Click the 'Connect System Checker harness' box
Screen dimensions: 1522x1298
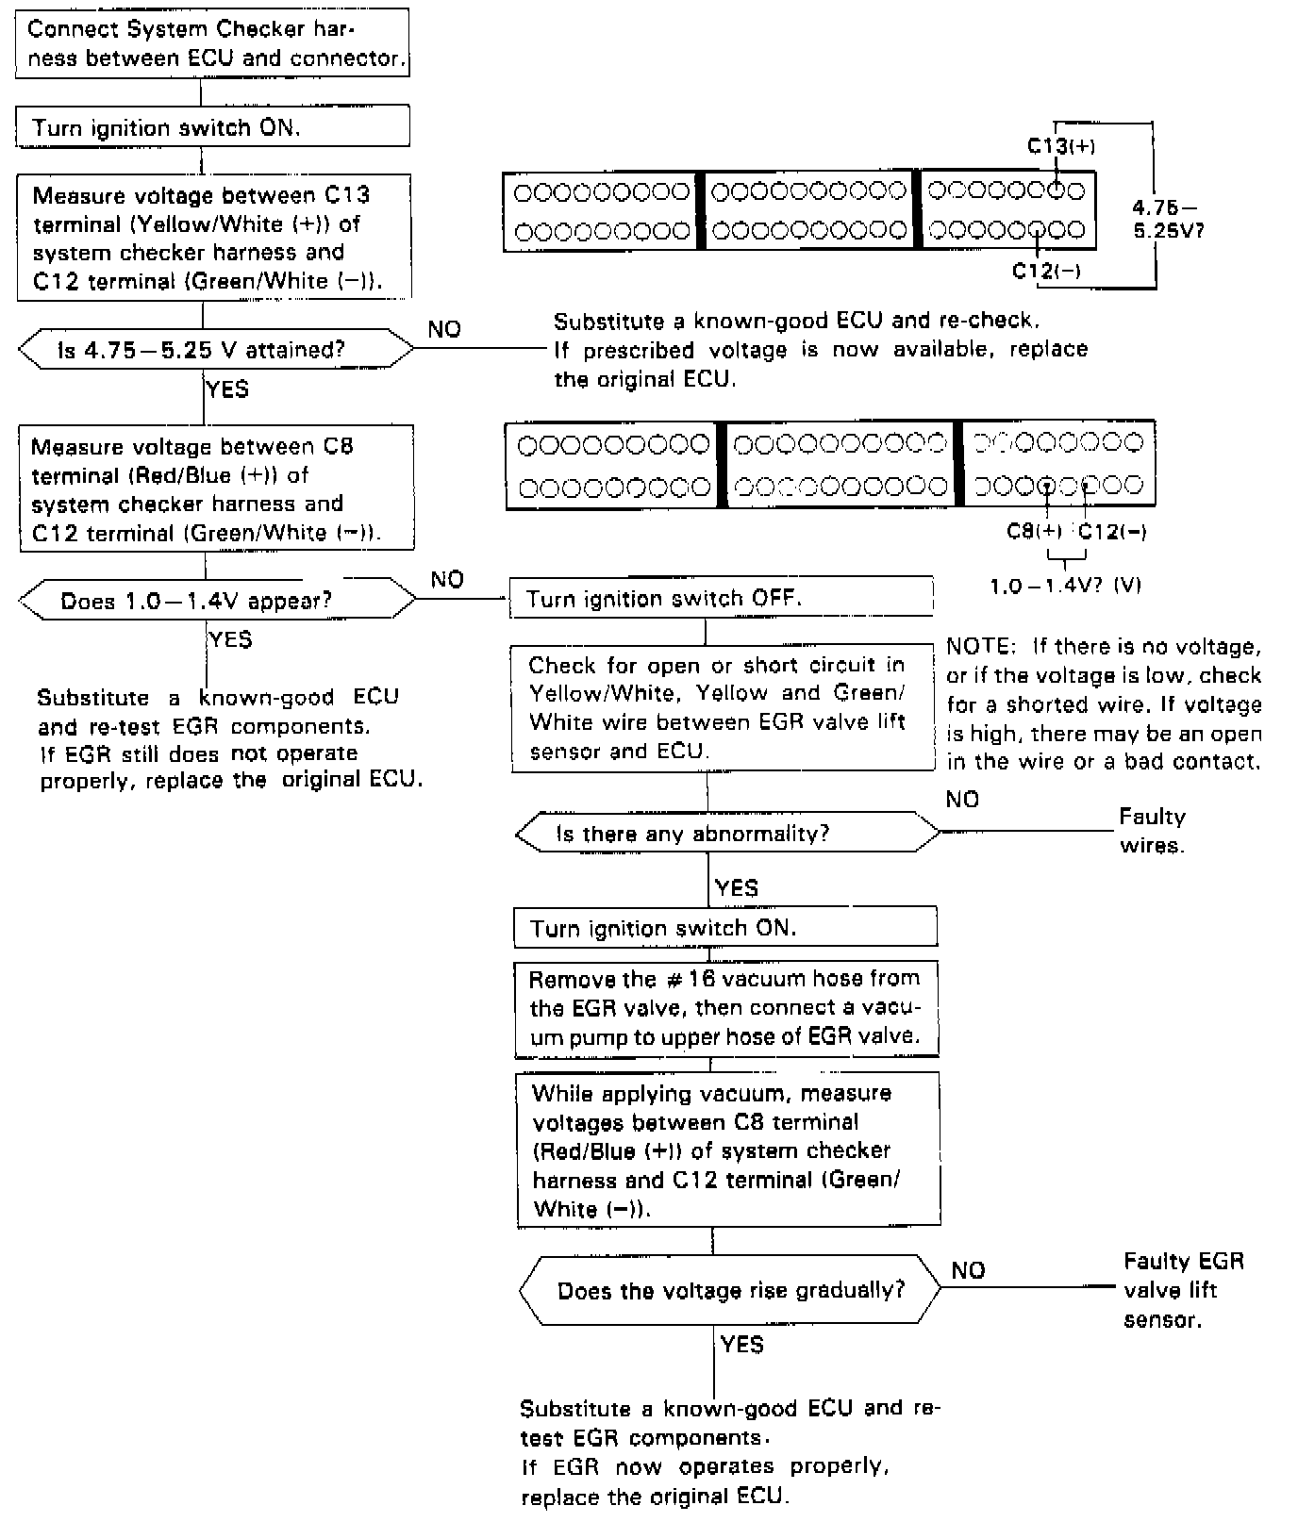(x=212, y=43)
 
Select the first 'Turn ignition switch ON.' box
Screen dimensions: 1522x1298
(x=212, y=126)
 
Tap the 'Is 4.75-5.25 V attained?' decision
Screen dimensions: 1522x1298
(x=215, y=350)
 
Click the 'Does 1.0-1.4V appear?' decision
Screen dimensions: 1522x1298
(x=217, y=601)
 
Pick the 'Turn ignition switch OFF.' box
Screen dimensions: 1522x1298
(x=721, y=598)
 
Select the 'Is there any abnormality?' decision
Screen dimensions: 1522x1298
(x=727, y=833)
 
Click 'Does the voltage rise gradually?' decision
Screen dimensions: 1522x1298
(x=730, y=1289)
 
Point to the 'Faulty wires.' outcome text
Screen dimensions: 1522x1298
(x=1151, y=831)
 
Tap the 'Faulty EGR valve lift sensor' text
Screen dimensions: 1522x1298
(x=1182, y=1289)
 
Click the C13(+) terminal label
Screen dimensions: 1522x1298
(x=1060, y=146)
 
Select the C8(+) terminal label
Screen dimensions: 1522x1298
(x=1034, y=531)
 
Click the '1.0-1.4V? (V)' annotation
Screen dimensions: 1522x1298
(x=1065, y=586)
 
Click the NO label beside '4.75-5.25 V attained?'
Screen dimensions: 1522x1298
(x=444, y=329)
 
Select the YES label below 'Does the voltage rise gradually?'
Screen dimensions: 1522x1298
(x=741, y=1344)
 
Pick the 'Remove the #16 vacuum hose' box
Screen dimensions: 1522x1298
(x=726, y=1007)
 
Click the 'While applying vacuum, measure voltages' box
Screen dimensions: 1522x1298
(x=728, y=1150)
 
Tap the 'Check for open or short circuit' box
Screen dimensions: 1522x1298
(x=722, y=707)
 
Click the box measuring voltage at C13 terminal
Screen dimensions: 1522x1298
(x=213, y=238)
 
